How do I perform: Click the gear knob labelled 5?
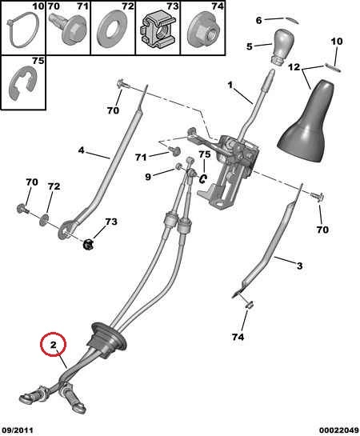pyautogui.click(x=279, y=46)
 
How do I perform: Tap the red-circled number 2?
pyautogui.click(x=53, y=345)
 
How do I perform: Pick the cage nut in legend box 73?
pyautogui.click(x=157, y=31)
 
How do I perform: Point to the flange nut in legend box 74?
pyautogui.click(x=202, y=31)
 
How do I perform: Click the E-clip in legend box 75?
pyautogui.click(x=22, y=82)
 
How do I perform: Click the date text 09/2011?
pyautogui.click(x=17, y=430)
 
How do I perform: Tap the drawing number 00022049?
pyautogui.click(x=339, y=430)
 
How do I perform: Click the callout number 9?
pyautogui.click(x=148, y=176)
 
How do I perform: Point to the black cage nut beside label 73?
pyautogui.click(x=89, y=245)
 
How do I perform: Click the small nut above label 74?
pyautogui.click(x=249, y=305)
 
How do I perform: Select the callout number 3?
pyautogui.click(x=299, y=266)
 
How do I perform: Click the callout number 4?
pyautogui.click(x=81, y=150)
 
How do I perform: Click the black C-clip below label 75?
pyautogui.click(x=202, y=178)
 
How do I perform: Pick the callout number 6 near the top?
pyautogui.click(x=258, y=20)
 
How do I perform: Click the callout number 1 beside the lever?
pyautogui.click(x=230, y=85)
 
